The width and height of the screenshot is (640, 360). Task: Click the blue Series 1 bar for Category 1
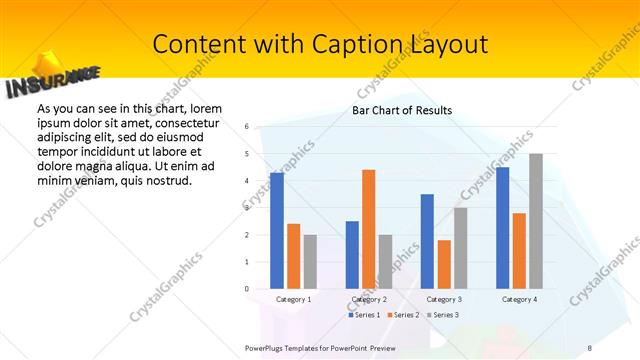tap(277, 231)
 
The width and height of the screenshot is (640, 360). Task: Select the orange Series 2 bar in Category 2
tap(368, 229)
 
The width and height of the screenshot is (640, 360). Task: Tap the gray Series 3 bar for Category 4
tap(536, 221)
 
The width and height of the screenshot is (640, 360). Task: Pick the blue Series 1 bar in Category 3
tap(427, 241)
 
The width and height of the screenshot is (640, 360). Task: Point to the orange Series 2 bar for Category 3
tap(444, 264)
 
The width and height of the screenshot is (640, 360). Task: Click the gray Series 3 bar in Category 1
tap(310, 262)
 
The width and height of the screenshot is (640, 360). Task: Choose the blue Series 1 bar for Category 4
tap(502, 228)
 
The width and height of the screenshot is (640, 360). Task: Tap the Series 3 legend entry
tap(444, 315)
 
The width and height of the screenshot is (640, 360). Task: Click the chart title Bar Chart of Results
tap(402, 110)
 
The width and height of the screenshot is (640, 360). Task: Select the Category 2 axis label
tap(369, 299)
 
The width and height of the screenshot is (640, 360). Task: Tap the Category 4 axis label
tap(519, 299)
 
